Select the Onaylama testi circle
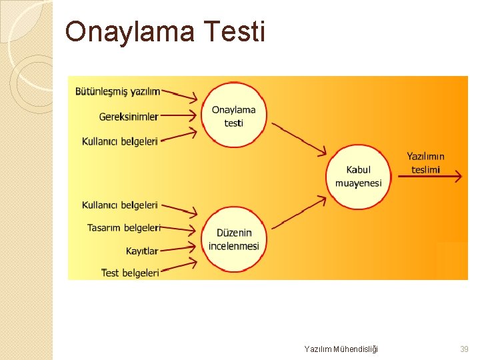[x=233, y=116]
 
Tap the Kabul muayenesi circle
[x=358, y=177]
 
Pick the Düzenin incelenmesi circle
[x=233, y=239]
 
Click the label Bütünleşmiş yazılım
[x=117, y=91]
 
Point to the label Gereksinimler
[x=129, y=117]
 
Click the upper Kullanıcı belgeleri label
[x=120, y=141]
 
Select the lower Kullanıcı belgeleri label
[x=120, y=205]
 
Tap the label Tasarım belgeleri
[x=124, y=228]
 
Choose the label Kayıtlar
[x=142, y=251]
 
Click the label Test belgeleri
[x=130, y=273]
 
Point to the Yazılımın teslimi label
[x=425, y=163]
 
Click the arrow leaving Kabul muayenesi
[x=429, y=177]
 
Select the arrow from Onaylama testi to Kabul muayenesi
[x=299, y=138]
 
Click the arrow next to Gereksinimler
[x=179, y=115]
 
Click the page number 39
[x=464, y=349]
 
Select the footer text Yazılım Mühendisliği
[x=340, y=349]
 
